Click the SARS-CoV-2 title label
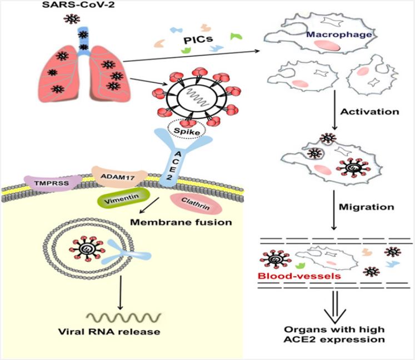click(x=78, y=5)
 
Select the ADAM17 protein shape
click(x=119, y=177)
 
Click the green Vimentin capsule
click(x=123, y=198)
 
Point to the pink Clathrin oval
click(x=196, y=203)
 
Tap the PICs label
click(x=198, y=39)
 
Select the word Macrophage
click(x=339, y=34)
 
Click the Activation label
click(x=370, y=112)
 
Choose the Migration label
click(x=367, y=207)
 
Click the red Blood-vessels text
click(x=299, y=276)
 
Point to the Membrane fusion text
click(x=181, y=222)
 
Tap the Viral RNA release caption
click(x=109, y=332)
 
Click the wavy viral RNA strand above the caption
click(x=124, y=317)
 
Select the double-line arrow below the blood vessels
click(x=335, y=307)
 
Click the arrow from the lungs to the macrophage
click(x=192, y=56)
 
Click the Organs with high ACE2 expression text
click(x=334, y=334)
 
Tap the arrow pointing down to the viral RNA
click(x=121, y=293)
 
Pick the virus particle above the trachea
click(x=72, y=18)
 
